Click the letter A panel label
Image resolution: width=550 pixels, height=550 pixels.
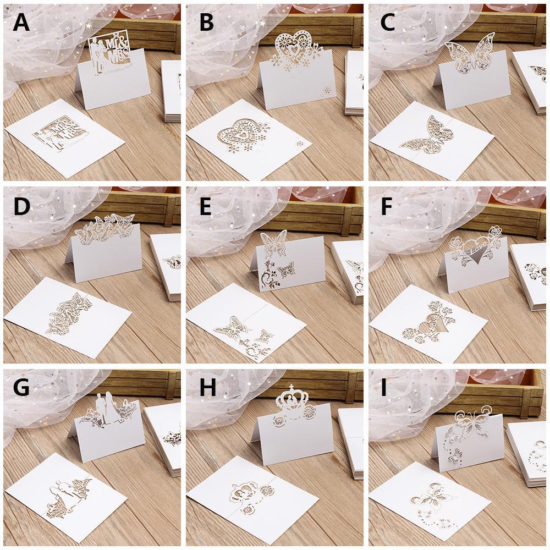[x=21, y=23]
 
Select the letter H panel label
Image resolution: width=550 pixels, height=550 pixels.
[x=208, y=388]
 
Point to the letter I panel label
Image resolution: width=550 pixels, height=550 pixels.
[x=384, y=388]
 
